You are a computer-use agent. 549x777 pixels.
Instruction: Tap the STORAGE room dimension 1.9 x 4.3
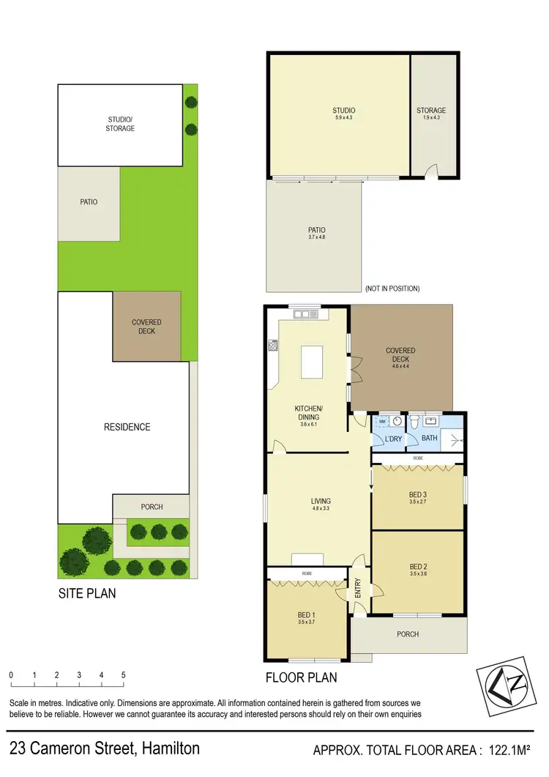(431, 118)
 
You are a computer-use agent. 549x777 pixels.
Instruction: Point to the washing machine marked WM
(382, 423)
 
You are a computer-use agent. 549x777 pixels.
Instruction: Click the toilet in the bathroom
(415, 423)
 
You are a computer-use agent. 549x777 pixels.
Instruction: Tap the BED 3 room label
(418, 494)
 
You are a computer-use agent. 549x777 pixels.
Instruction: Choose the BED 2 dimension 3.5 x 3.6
(418, 574)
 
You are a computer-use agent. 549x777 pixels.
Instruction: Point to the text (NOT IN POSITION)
(392, 289)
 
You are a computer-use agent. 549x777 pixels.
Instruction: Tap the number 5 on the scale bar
(124, 674)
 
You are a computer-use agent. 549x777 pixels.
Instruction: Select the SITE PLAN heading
(87, 593)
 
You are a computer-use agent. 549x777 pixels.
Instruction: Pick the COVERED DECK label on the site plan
(146, 327)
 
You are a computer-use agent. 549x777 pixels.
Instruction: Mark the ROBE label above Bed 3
(418, 458)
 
